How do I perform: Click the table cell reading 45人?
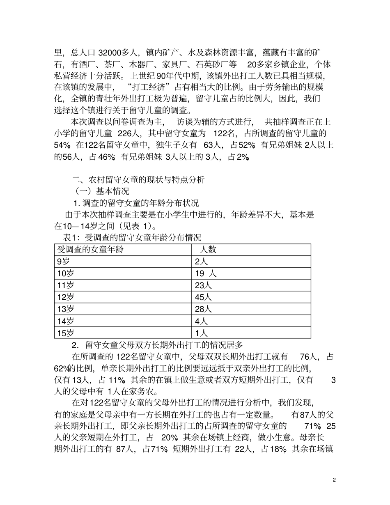[203, 297]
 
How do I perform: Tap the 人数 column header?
[208, 249]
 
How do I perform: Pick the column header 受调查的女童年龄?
[90, 249]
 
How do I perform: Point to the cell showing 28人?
[203, 309]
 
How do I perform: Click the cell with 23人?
[203, 285]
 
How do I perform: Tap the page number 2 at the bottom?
[335, 480]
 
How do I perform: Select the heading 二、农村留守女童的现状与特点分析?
[138, 179]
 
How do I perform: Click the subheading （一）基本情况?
[102, 191]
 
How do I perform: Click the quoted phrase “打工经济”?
[150, 87]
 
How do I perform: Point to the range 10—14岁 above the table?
[81, 225]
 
